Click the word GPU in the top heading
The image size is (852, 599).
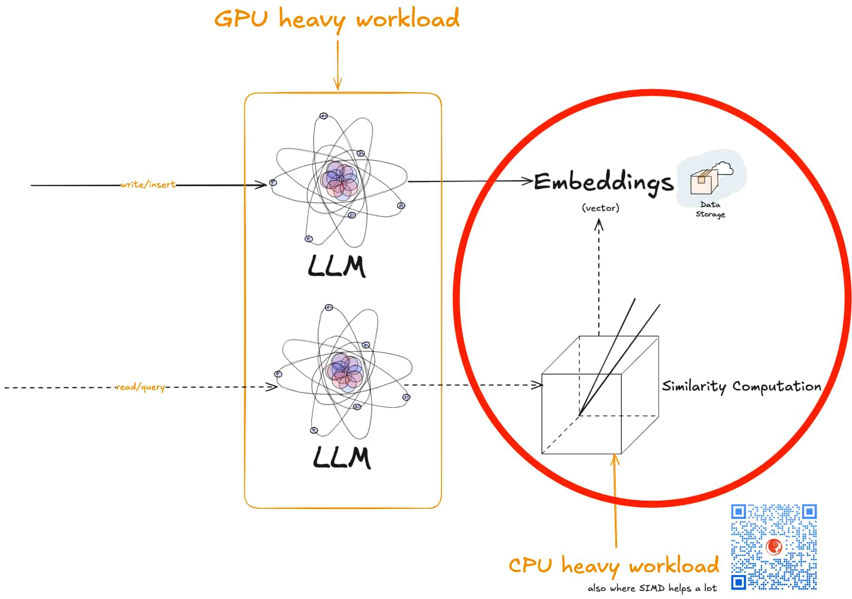[241, 19]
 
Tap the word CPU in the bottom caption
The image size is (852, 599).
[530, 565]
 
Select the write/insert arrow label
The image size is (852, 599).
[148, 184]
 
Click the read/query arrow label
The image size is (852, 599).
[141, 387]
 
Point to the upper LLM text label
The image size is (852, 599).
[337, 266]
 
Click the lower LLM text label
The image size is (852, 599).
[342, 457]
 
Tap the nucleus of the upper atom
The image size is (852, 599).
[339, 181]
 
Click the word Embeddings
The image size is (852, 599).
[603, 183]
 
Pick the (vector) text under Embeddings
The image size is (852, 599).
[601, 208]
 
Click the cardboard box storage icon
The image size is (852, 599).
[704, 182]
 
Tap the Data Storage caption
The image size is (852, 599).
[710, 209]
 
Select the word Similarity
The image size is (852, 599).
[694, 386]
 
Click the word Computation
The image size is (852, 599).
[777, 386]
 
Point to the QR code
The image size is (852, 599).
[774, 547]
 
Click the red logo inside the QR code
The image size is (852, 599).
[774, 547]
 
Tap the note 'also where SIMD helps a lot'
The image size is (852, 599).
[652, 588]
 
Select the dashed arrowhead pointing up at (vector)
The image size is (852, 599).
[599, 225]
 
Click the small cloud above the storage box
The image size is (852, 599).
[723, 168]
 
